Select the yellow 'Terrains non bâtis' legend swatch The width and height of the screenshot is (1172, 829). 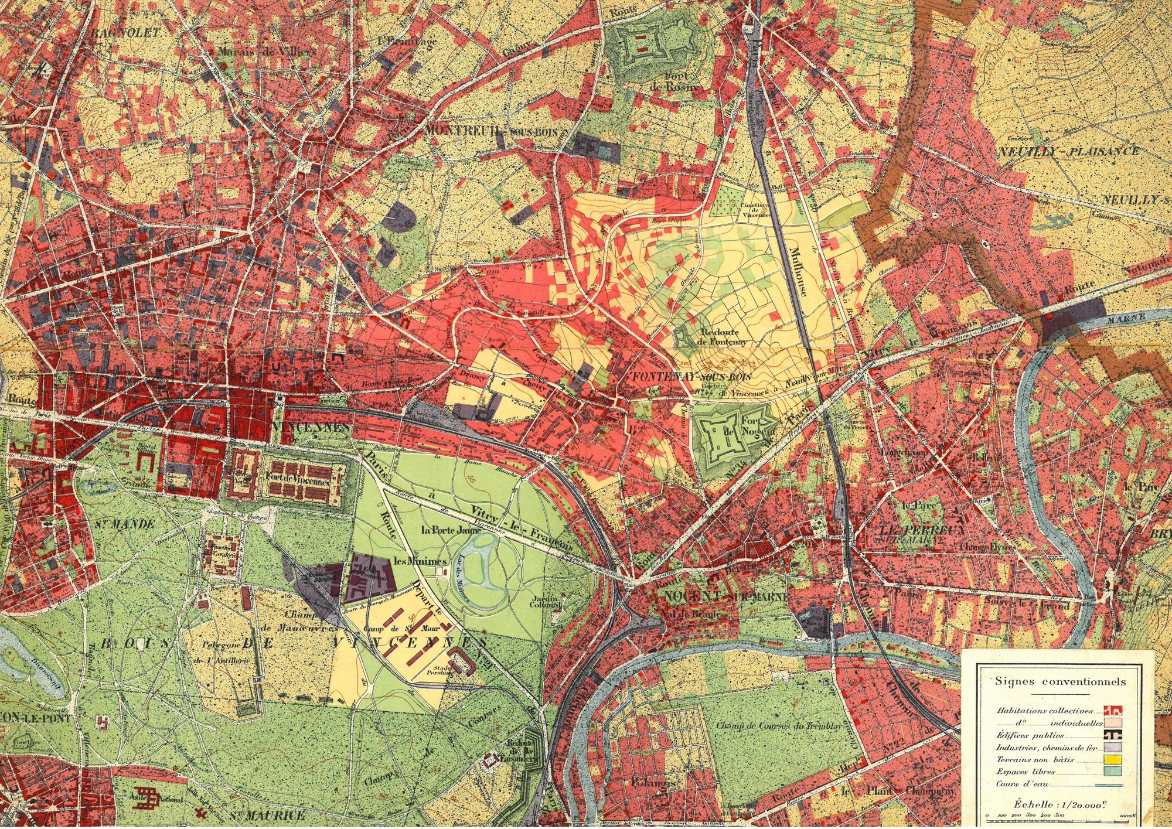click(1113, 759)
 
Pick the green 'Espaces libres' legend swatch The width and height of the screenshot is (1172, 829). click(1113, 772)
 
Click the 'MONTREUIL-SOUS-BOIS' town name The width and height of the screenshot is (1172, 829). click(491, 131)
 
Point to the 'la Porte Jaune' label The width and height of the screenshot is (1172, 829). click(447, 530)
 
